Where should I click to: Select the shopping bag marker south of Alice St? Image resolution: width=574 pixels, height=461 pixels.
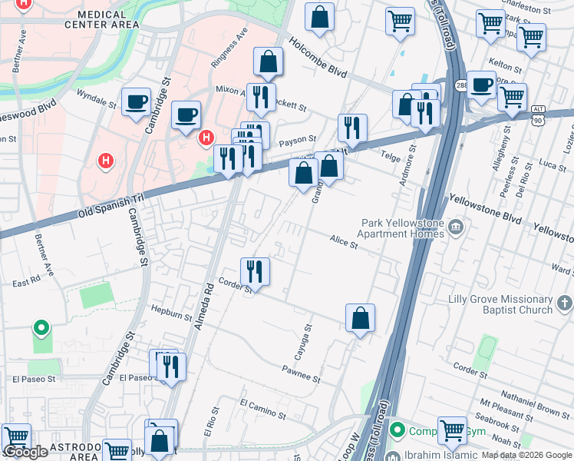pyautogui.click(x=360, y=318)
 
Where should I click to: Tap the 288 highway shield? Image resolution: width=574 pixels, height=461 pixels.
pyautogui.click(x=461, y=85)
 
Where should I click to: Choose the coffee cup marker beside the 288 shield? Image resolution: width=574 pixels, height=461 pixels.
pyautogui.click(x=481, y=85)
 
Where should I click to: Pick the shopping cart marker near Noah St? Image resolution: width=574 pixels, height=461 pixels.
pyautogui.click(x=452, y=431)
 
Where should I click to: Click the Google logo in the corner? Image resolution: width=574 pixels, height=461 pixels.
pyautogui.click(x=25, y=452)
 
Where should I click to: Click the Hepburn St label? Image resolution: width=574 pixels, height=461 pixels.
pyautogui.click(x=171, y=314)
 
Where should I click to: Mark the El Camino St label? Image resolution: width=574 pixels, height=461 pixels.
pyautogui.click(x=262, y=409)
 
